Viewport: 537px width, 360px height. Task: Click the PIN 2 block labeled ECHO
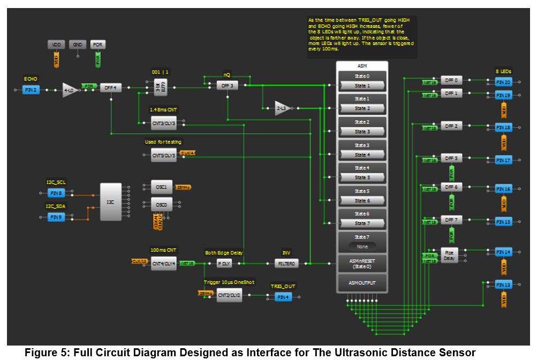31,90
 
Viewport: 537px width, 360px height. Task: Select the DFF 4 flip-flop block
111,88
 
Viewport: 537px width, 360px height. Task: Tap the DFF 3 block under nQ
227,86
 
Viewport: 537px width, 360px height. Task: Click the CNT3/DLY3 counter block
163,123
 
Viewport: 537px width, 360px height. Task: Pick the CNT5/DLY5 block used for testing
163,156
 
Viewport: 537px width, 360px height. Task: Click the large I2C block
111,201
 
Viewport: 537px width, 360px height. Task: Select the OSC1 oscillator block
161,187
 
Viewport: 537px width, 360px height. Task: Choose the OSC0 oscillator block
161,205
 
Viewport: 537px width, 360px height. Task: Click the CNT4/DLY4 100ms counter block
163,263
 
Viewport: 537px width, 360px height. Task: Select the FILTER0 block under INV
286,264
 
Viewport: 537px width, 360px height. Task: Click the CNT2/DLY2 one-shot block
229,295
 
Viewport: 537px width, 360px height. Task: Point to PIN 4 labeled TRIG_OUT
283,297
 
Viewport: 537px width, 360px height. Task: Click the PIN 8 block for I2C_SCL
56,193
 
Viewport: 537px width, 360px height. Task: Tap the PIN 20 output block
503,82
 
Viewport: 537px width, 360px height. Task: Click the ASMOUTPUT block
362,282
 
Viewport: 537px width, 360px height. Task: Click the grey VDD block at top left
56,44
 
